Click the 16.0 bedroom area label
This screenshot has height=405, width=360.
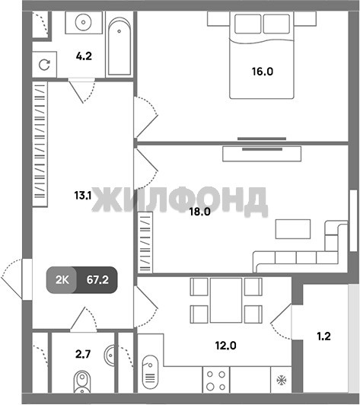[x=263, y=72]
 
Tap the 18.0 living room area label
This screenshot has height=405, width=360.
[x=200, y=212]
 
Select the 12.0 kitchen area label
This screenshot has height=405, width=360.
[x=226, y=346]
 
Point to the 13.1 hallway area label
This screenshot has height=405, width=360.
[x=83, y=195]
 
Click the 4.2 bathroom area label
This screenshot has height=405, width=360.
[x=84, y=56]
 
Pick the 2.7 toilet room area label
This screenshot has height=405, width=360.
[x=83, y=354]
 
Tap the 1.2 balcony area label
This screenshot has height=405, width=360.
[x=323, y=336]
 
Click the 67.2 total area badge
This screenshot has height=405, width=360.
[x=97, y=279]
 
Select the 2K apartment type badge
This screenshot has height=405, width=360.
[x=62, y=279]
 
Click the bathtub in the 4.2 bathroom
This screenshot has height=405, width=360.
[x=119, y=46]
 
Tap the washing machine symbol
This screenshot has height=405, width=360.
[x=44, y=65]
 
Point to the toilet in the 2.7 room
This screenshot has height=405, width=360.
[x=82, y=381]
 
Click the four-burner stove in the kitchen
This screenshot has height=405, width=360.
[x=216, y=380]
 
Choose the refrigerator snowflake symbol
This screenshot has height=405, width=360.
[x=282, y=380]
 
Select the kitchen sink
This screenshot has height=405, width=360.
[x=150, y=372]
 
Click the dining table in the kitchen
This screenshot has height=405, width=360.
[x=226, y=300]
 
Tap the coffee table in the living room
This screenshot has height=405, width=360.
[x=293, y=229]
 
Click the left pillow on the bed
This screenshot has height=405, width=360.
[x=248, y=24]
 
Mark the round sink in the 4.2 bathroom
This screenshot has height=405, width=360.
[x=83, y=23]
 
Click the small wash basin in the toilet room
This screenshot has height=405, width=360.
[x=110, y=356]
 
